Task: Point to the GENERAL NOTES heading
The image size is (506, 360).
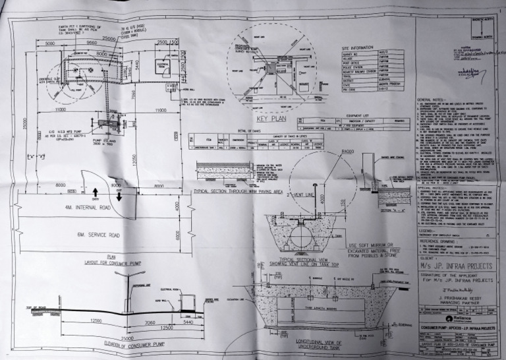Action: pos(432,100)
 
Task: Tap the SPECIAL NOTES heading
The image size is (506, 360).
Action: pos(431,187)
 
